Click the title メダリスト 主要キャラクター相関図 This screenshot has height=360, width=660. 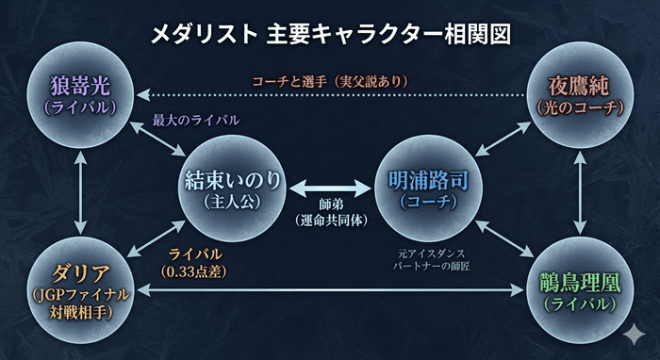click(x=330, y=36)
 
